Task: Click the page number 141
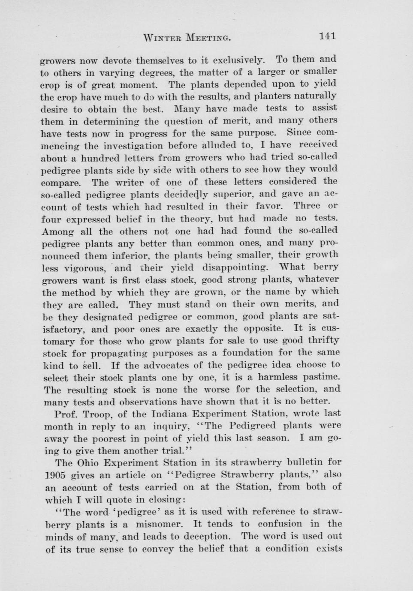(327, 36)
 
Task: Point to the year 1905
(56, 475)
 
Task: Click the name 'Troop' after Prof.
(96, 414)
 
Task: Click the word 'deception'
(206, 537)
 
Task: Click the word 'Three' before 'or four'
(307, 206)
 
